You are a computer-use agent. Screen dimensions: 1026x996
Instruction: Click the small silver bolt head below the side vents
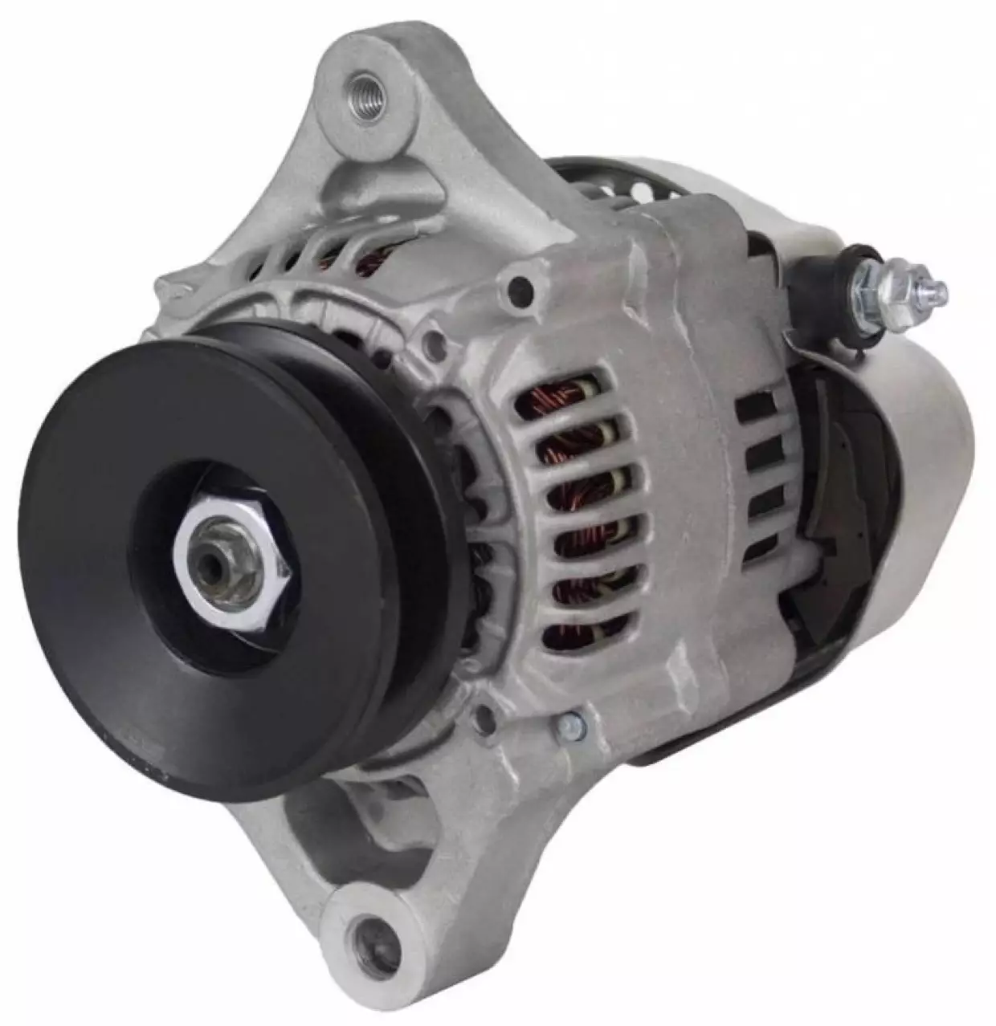coord(575,727)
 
